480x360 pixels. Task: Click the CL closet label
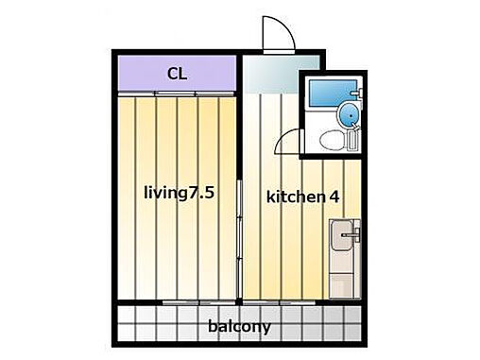click(x=176, y=73)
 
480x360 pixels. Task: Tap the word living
click(x=164, y=193)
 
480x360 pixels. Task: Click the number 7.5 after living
click(x=202, y=193)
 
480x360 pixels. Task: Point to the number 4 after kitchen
click(x=334, y=197)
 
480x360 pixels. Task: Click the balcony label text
click(x=239, y=327)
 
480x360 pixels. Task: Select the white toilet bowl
click(x=331, y=140)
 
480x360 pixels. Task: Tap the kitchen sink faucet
click(x=354, y=231)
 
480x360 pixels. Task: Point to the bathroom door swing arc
click(x=285, y=145)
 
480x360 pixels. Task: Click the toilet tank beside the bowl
click(x=353, y=141)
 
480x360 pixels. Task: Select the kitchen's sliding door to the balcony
click(x=302, y=302)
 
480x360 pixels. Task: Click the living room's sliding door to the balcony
click(x=189, y=302)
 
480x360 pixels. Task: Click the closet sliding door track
click(x=176, y=92)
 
